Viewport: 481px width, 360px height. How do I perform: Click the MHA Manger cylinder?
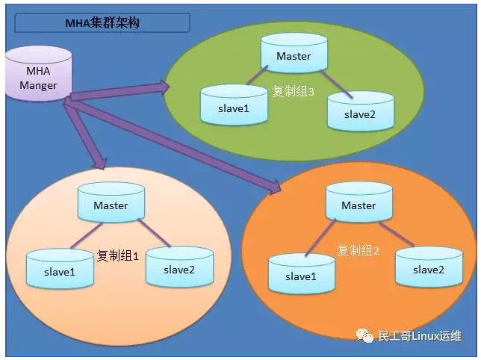[37, 74]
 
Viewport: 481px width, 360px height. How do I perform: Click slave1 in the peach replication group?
[60, 270]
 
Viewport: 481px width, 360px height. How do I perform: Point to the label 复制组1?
[118, 255]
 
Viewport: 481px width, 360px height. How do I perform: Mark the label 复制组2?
[359, 250]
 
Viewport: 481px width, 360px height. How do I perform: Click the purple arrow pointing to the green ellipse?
[120, 91]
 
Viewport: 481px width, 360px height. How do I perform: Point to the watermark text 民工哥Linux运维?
[420, 336]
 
